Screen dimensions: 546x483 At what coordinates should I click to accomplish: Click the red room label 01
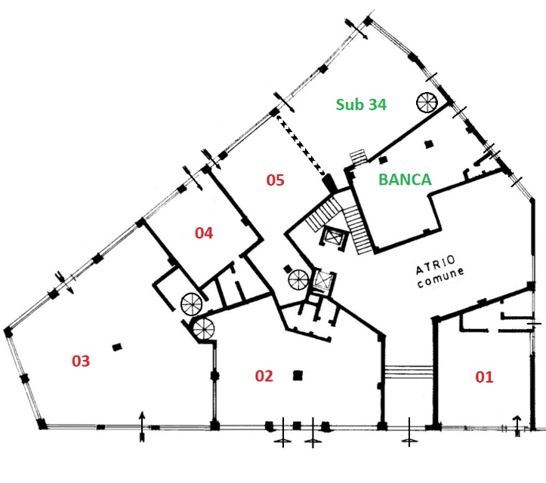(484, 377)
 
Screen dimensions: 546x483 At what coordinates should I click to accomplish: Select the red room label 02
(264, 376)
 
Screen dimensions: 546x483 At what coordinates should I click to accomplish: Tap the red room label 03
(81, 361)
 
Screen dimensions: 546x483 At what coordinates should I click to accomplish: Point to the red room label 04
(204, 233)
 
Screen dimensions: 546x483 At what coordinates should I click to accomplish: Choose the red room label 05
(275, 180)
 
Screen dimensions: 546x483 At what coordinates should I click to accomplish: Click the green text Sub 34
(361, 104)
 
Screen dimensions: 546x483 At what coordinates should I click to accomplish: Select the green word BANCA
(405, 180)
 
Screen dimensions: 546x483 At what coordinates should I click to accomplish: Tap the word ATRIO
(436, 264)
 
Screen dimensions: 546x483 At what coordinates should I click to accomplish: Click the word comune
(441, 277)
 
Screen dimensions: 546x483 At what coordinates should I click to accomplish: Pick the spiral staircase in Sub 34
(427, 103)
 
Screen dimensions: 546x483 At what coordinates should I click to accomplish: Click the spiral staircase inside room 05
(298, 280)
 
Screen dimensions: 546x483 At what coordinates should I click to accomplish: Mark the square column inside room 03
(117, 347)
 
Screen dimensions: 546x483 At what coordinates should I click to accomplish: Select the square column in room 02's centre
(298, 376)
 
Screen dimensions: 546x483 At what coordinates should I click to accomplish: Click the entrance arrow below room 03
(142, 426)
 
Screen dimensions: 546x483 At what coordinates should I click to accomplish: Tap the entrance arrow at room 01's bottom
(517, 426)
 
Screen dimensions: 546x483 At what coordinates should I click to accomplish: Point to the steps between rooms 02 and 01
(409, 371)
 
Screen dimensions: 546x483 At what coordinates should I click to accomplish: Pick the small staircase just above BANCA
(359, 158)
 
